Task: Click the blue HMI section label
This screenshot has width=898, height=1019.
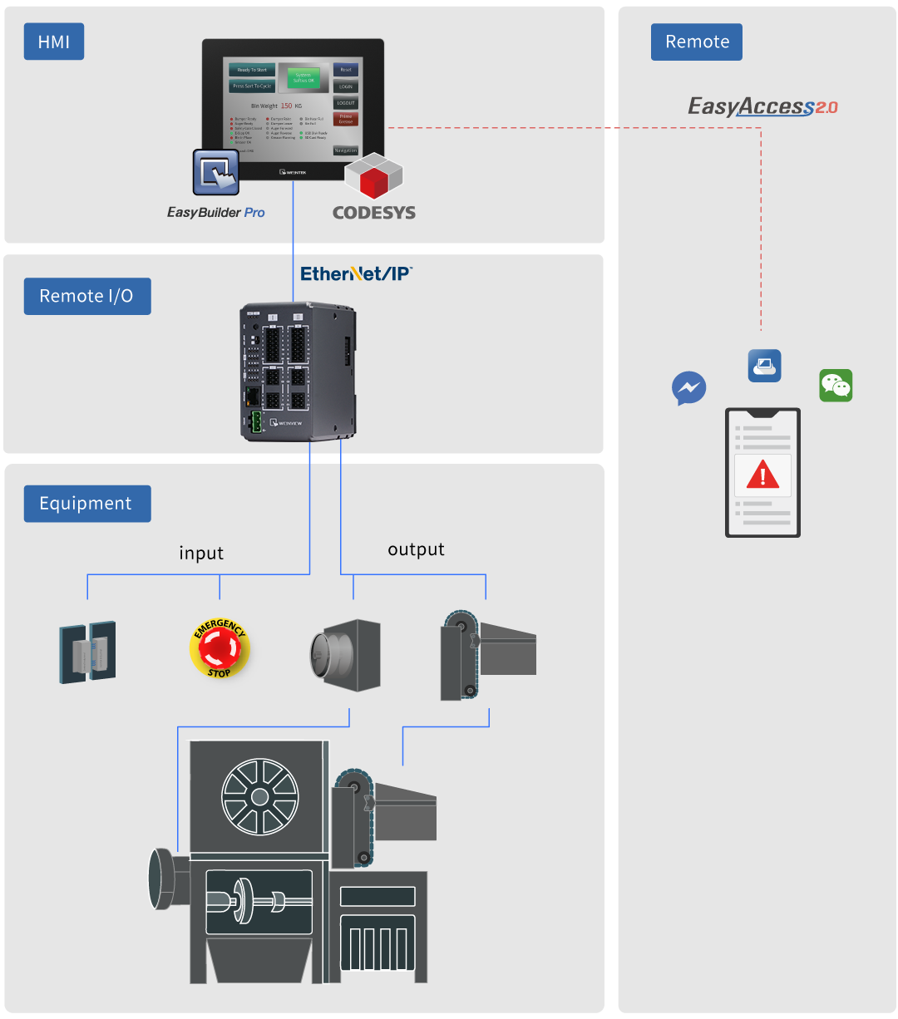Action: [x=54, y=42]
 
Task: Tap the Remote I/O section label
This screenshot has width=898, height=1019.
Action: [x=86, y=296]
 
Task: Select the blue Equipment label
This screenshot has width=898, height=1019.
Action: [x=86, y=504]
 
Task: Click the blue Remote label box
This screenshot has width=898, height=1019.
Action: [x=696, y=42]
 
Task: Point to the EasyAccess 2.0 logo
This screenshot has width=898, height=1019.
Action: [x=762, y=106]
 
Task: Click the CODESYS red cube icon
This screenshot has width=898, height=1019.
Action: [x=374, y=177]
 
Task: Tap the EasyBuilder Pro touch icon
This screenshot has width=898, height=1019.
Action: [x=216, y=171]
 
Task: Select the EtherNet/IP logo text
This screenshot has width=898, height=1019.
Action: [x=356, y=273]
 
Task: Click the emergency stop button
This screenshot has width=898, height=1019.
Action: [x=220, y=648]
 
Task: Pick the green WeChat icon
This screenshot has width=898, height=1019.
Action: [x=836, y=386]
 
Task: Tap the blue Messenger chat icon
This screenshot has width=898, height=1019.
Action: [x=688, y=387]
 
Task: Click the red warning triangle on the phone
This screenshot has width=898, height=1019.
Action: [x=762, y=475]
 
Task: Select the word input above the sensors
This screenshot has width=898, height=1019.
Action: [x=201, y=554]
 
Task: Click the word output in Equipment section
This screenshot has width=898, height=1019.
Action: [x=416, y=549]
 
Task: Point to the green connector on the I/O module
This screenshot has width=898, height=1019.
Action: [x=255, y=422]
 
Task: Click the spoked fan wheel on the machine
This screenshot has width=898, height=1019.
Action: [x=259, y=796]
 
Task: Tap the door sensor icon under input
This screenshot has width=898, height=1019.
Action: [x=87, y=652]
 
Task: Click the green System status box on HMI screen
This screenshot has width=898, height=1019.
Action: [x=303, y=77]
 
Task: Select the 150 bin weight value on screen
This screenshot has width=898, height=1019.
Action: [x=286, y=106]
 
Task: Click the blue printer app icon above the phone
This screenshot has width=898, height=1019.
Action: [x=764, y=366]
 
